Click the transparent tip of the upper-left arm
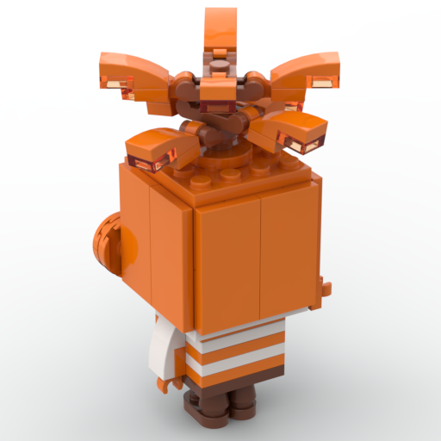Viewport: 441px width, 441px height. (115, 84)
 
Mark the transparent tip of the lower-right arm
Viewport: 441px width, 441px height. (312, 147)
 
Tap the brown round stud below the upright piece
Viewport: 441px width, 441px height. (221, 65)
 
